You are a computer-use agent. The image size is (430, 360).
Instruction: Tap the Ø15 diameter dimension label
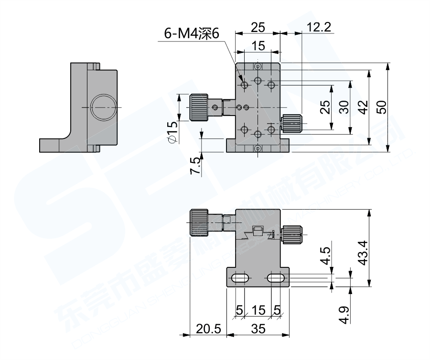point(172,131)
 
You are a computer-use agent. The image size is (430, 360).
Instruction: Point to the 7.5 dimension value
point(195,165)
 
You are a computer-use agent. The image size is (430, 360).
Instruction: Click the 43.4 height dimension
point(363,252)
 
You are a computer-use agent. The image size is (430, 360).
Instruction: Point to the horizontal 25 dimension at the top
point(258,28)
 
